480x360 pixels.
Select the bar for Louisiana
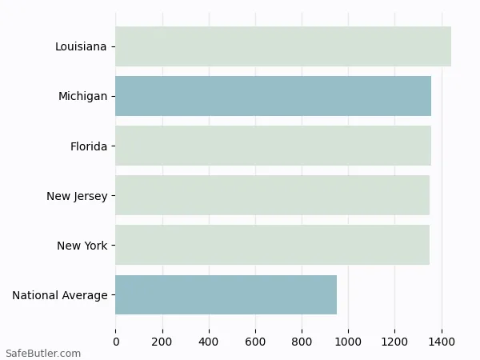283,46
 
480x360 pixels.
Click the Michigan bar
273,96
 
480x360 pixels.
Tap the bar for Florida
273,146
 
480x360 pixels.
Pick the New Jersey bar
272,195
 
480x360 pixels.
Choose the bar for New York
272,245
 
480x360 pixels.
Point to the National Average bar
226,294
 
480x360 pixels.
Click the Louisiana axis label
81,46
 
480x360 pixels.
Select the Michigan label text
82,96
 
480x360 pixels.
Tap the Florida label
89,146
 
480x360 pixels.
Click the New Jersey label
77,196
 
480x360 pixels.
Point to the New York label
82,246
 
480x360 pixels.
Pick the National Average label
60,295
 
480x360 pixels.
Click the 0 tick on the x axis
116,342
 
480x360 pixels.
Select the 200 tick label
162,342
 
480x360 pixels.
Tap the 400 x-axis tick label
209,342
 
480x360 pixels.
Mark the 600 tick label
256,342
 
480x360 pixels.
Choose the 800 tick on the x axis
302,342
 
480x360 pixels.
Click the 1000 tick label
349,342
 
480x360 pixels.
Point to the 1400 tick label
442,342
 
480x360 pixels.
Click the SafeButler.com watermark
43,353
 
